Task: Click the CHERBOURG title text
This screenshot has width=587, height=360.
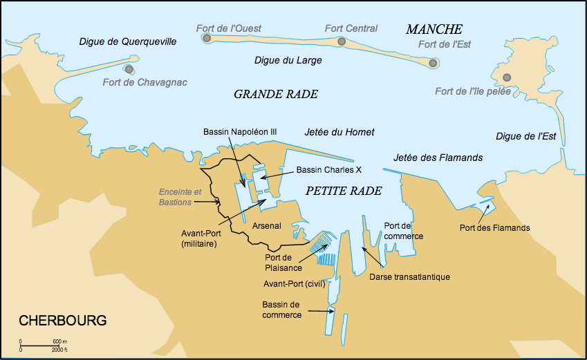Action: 63,321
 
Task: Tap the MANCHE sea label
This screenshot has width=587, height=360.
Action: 434,29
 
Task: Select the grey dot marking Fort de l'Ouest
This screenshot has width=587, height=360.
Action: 207,38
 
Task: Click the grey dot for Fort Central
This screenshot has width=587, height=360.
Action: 342,42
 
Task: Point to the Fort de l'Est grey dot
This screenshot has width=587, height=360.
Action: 434,64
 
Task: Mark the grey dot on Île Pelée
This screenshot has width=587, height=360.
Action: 507,77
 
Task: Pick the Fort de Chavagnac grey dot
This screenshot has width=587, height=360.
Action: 129,69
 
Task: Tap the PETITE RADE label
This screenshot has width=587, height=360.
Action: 344,191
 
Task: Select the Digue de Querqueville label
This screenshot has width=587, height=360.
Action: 128,42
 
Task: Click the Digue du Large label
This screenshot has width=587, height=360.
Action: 288,61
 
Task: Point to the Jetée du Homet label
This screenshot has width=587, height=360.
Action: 339,132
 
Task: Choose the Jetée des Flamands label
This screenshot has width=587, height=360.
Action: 438,158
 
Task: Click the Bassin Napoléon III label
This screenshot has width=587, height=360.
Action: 240,131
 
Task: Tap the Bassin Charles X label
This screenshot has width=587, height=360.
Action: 329,170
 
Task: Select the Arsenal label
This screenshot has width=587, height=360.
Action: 267,226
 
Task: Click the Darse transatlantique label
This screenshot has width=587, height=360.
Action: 411,277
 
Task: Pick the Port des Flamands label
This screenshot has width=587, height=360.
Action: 494,228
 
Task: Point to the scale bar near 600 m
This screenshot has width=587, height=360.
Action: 38,344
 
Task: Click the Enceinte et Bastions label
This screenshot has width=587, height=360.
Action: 180,196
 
